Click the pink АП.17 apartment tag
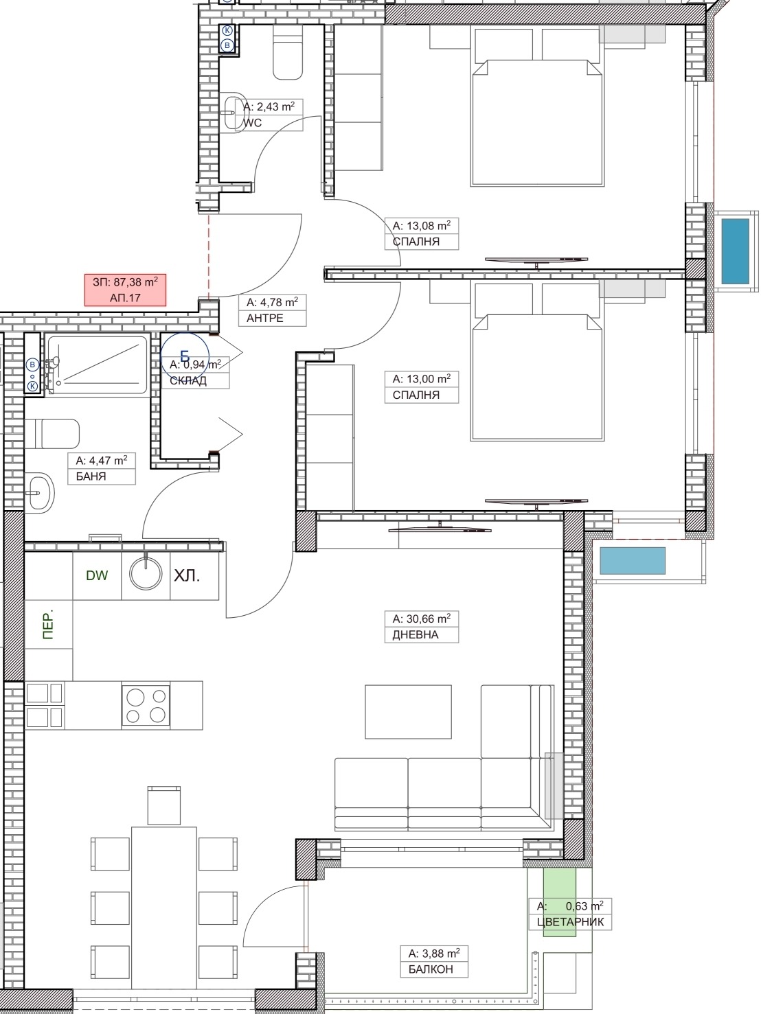pyautogui.click(x=125, y=290)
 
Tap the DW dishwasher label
pyautogui.click(x=97, y=575)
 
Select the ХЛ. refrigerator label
pyautogui.click(x=187, y=575)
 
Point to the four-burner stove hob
pyautogui.click(x=146, y=706)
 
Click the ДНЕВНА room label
pyautogui.click(x=415, y=635)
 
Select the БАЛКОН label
pyautogui.click(x=431, y=969)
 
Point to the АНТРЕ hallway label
pyautogui.click(x=264, y=319)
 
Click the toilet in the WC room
pyautogui.click(x=287, y=52)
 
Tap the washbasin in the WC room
pyautogui.click(x=234, y=113)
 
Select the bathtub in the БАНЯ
pyautogui.click(x=97, y=365)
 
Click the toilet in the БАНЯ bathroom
pyautogui.click(x=52, y=434)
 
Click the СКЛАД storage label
pyautogui.click(x=188, y=380)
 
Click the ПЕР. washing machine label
pyautogui.click(x=48, y=623)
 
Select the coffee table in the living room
pyautogui.click(x=408, y=712)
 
